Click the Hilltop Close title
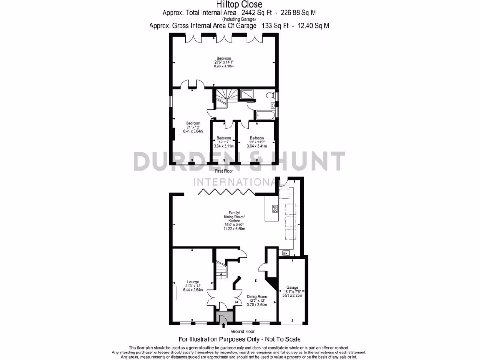point(240,5)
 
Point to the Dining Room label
point(257,300)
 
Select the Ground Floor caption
point(240,331)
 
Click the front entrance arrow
point(223,323)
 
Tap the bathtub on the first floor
point(265,114)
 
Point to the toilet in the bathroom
point(270,95)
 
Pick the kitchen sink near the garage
point(286,254)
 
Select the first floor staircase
point(223,100)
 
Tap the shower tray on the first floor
point(247,95)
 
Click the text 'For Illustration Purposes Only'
point(220,339)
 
